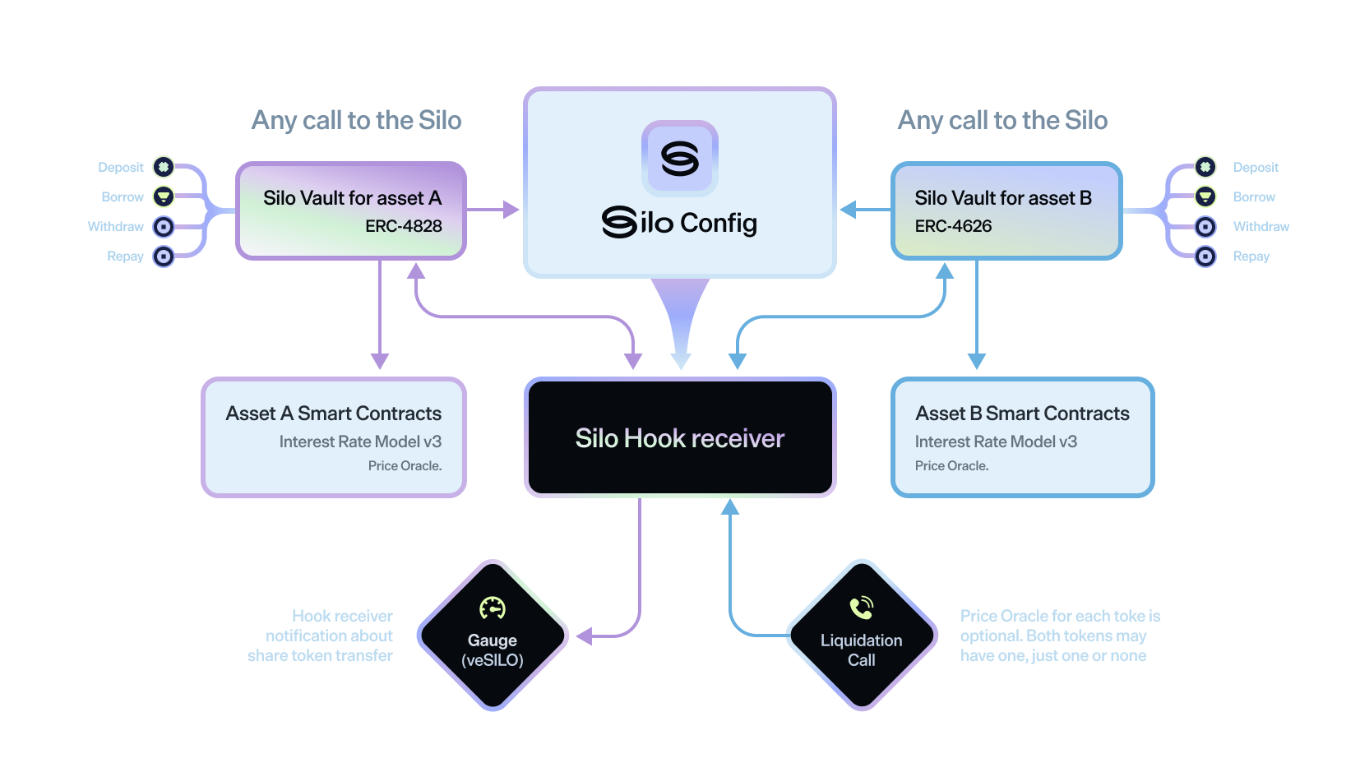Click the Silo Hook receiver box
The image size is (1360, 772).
[680, 437]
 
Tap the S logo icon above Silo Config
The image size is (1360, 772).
[680, 159]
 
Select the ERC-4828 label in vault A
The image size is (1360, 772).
[403, 226]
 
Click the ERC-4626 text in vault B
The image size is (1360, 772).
[953, 226]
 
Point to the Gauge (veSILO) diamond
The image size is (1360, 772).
[493, 636]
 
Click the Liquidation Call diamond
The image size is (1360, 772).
[861, 636]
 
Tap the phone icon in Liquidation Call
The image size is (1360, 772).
[861, 608]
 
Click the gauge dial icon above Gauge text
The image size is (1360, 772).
[493, 608]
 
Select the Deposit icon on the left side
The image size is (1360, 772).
[164, 167]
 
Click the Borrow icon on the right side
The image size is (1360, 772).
[1205, 196]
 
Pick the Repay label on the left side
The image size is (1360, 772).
[125, 257]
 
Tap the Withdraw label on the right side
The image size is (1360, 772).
[1261, 226]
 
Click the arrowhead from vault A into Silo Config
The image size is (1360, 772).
[512, 210]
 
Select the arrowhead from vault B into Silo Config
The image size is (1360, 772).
[848, 210]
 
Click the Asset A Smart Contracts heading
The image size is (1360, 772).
[333, 414]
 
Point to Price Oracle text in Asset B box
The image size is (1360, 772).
[951, 466]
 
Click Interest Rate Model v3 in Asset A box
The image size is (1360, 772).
[360, 441]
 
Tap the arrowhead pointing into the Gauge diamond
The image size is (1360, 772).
[584, 636]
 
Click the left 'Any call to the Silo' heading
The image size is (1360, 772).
[356, 121]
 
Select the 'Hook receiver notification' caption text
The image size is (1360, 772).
[321, 636]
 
